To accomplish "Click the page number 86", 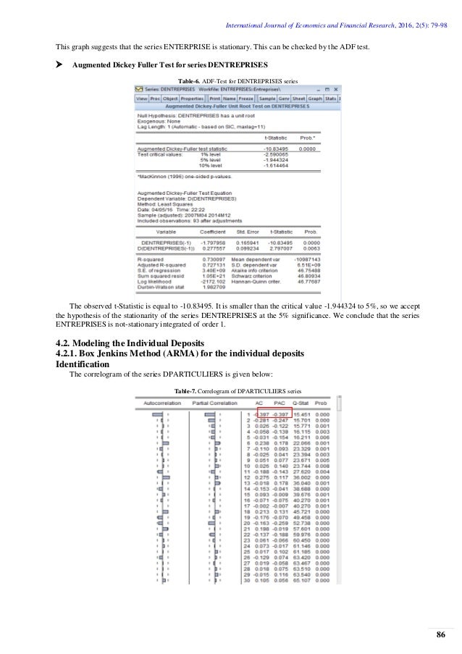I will point(440,636).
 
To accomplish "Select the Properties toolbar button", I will point(192,97).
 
